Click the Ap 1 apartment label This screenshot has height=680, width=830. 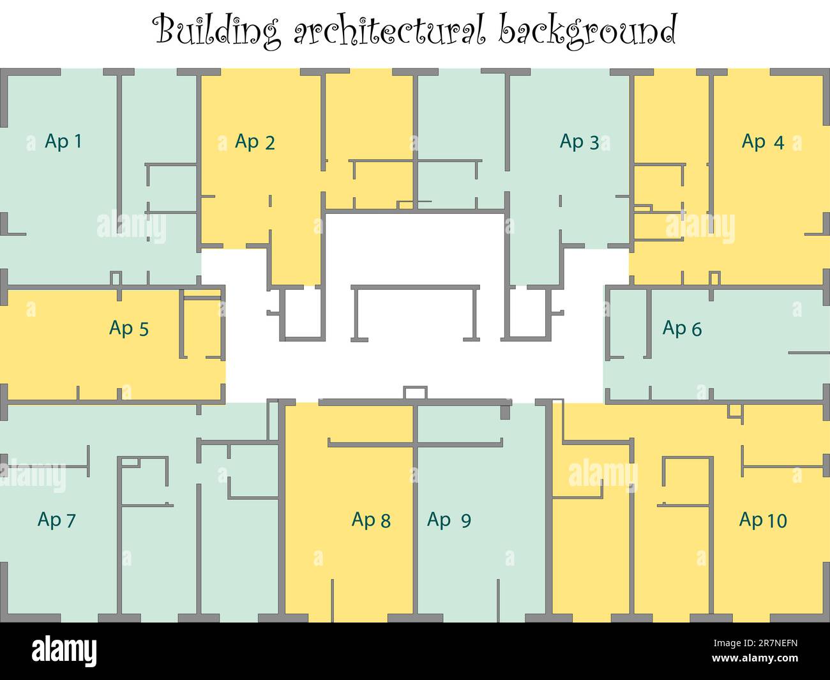(63, 141)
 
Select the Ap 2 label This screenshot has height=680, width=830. (255, 141)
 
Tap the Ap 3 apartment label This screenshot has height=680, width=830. (579, 141)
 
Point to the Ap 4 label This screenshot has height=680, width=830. (762, 141)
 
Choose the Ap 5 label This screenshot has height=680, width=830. (128, 328)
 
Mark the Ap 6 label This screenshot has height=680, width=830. (682, 328)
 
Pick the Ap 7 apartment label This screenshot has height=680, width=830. (56, 520)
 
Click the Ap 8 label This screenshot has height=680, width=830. (370, 520)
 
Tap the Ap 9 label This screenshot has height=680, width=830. (449, 520)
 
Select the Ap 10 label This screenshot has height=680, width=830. (762, 520)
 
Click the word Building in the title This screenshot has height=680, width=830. (218, 31)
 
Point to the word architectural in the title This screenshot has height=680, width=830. (390, 31)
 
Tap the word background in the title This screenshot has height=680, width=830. (587, 31)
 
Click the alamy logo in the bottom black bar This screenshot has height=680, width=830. (64, 651)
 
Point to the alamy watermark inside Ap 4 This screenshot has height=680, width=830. (700, 227)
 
